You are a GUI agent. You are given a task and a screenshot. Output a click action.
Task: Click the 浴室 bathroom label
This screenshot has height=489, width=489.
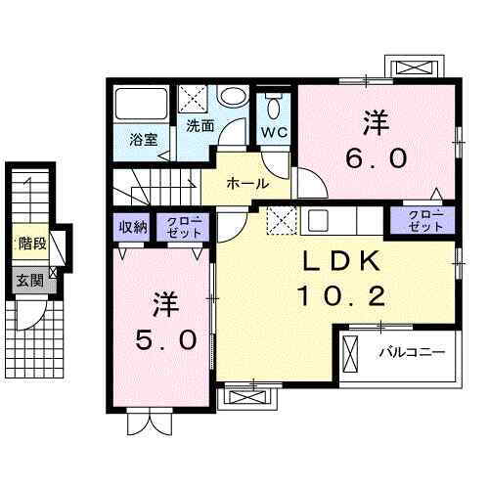click(x=144, y=139)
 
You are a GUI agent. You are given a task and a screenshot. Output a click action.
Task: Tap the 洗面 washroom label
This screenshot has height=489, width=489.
click(x=200, y=126)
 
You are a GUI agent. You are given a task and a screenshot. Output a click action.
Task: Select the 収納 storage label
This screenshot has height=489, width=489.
click(x=134, y=227)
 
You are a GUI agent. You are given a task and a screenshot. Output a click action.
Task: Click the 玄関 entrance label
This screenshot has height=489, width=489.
click(x=28, y=280)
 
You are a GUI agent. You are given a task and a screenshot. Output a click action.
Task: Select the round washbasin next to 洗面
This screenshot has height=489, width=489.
click(x=232, y=96)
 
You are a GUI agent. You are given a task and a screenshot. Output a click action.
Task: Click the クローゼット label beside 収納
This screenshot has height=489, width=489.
click(x=184, y=227)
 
